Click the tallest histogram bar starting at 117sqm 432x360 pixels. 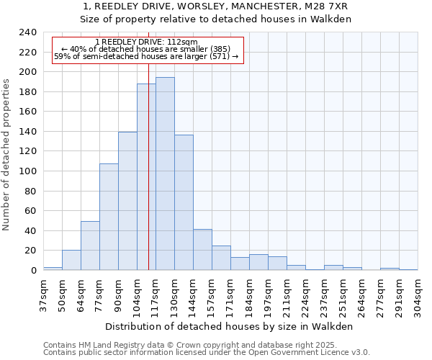[x=165, y=174]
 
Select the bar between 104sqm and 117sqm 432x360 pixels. [x=143, y=177]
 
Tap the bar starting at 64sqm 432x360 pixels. [x=90, y=246]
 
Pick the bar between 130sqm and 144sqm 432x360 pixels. [x=184, y=202]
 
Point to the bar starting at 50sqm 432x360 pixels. [x=71, y=260]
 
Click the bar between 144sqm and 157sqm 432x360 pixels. [x=202, y=249]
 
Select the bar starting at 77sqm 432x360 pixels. [x=109, y=217]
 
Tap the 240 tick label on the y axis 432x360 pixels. [x=27, y=32]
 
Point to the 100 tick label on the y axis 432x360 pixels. [x=27, y=171]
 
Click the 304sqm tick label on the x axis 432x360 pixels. [x=418, y=294]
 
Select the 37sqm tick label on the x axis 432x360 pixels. [x=43, y=294]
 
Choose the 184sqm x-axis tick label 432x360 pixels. [x=249, y=294]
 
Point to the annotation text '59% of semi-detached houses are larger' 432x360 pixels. [x=146, y=56]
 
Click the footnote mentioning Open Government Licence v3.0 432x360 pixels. [x=207, y=353]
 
